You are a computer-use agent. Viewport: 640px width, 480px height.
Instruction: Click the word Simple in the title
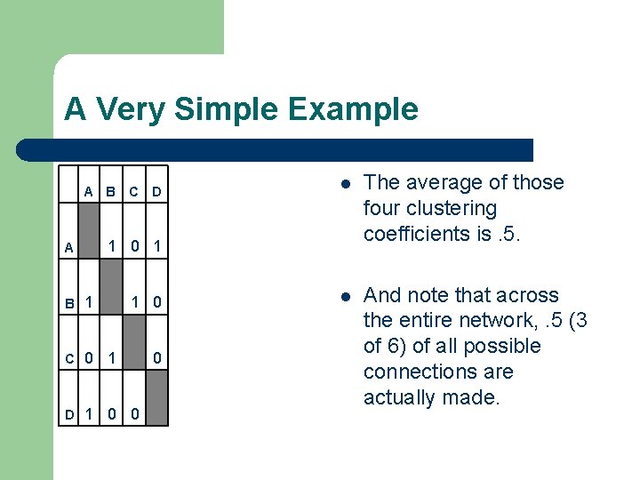click(226, 109)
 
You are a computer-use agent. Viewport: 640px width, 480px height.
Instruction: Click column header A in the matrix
click(89, 191)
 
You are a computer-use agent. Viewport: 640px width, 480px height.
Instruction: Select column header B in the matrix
click(110, 191)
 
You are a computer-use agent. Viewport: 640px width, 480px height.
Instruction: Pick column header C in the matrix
click(132, 191)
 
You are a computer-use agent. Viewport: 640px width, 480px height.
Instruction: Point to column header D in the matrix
click(156, 191)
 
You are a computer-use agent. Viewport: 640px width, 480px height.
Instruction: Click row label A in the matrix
click(68, 249)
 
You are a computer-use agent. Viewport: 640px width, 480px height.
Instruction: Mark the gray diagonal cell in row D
click(156, 397)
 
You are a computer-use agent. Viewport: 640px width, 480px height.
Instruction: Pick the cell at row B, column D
click(156, 302)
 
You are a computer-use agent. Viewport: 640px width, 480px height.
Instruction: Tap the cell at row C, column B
click(110, 358)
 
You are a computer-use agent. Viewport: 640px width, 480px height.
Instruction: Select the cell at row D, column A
click(89, 413)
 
